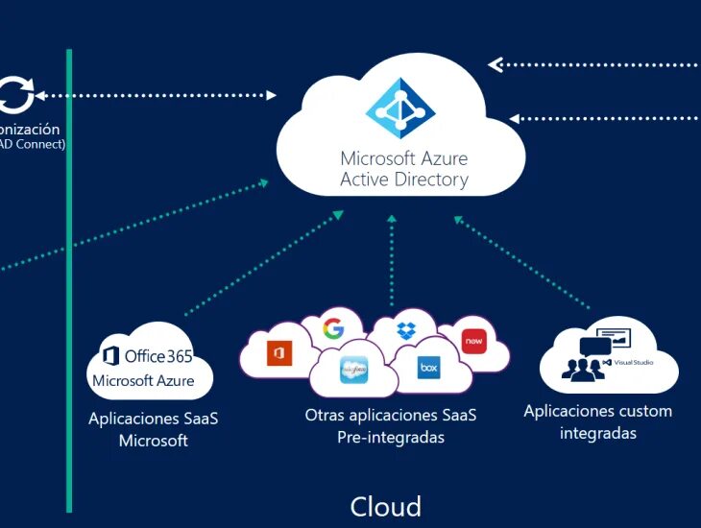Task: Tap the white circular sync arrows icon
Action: [15, 95]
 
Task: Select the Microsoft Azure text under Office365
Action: [143, 381]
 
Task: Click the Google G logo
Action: [333, 329]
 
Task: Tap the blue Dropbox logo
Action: [407, 329]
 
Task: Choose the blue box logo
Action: [428, 367]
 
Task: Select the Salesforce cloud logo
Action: [354, 369]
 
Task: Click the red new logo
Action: [473, 341]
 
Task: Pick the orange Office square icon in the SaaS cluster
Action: [279, 353]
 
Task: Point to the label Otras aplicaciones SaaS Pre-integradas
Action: [391, 426]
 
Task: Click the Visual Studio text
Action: [634, 363]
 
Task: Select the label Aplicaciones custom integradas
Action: [597, 421]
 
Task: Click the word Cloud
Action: [385, 506]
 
